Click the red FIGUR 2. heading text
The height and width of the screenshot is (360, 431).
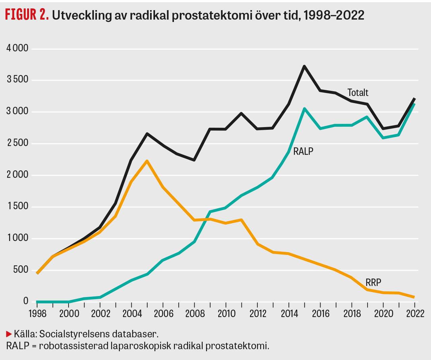click(x=27, y=15)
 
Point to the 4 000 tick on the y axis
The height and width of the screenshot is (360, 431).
click(x=17, y=48)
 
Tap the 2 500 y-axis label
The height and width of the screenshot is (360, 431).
click(x=17, y=143)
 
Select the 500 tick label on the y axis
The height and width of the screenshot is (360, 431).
click(x=21, y=270)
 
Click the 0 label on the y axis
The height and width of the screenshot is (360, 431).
click(x=26, y=301)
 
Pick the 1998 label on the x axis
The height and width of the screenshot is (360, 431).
click(x=37, y=314)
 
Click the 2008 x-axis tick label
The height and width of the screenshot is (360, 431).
click(x=195, y=314)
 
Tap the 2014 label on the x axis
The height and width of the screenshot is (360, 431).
click(x=289, y=314)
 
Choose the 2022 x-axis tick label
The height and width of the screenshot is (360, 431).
click(x=415, y=314)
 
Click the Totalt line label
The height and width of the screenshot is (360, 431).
click(x=358, y=93)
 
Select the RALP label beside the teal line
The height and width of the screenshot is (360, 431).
click(x=303, y=151)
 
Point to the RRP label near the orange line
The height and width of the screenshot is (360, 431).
click(x=373, y=283)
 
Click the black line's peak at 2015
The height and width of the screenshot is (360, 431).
click(x=304, y=66)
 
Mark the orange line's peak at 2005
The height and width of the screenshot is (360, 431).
click(x=147, y=161)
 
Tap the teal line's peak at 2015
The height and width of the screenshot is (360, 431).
click(x=304, y=109)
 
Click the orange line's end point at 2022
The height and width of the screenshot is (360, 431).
click(x=414, y=297)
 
